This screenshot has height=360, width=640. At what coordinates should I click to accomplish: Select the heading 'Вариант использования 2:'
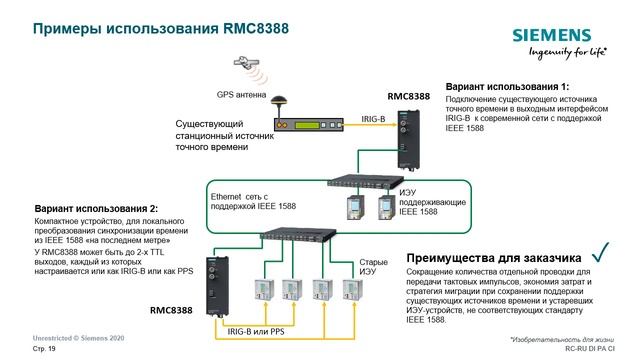pyautogui.click(x=96, y=208)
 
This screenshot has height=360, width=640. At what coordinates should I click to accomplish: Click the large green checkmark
pyautogui.click(x=600, y=251)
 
